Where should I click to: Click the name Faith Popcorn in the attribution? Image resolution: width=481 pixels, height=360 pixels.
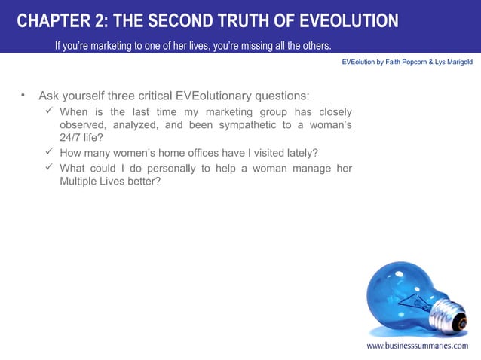(x=406, y=62)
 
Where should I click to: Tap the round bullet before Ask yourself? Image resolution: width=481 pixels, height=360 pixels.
(x=23, y=96)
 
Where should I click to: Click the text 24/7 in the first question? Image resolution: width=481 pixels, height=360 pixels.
(x=72, y=138)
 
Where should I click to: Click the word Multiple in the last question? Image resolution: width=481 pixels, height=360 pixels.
(x=79, y=182)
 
